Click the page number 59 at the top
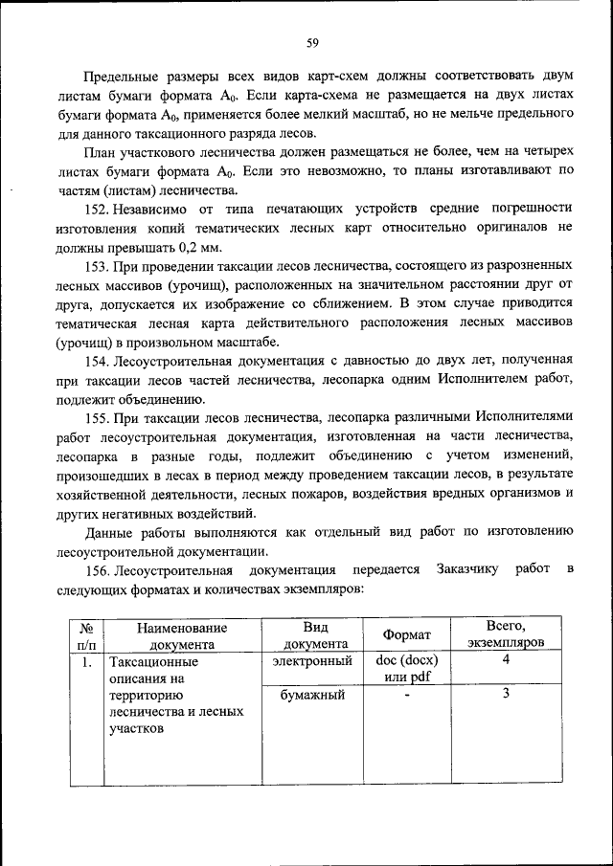pyautogui.click(x=312, y=42)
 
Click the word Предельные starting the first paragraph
pyautogui.click(x=121, y=74)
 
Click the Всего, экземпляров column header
pyautogui.click(x=505, y=635)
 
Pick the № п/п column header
pyautogui.click(x=86, y=636)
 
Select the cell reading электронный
pyautogui.click(x=312, y=661)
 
